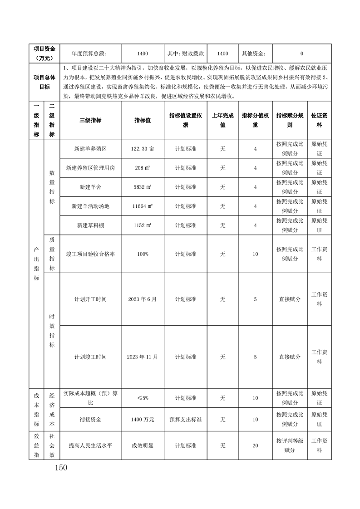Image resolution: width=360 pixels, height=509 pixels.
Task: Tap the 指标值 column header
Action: click(x=142, y=120)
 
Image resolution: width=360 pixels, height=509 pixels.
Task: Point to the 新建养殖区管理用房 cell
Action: click(x=90, y=168)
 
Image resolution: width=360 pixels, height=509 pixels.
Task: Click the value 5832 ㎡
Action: click(x=142, y=187)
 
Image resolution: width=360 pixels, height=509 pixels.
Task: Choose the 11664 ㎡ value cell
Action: click(x=142, y=206)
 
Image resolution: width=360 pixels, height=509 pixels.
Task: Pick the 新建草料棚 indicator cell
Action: click(x=90, y=225)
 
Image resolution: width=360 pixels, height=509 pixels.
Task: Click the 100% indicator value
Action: click(x=142, y=254)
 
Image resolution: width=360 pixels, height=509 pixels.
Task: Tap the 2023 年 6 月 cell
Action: click(x=142, y=299)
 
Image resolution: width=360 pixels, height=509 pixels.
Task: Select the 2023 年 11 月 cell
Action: click(x=142, y=357)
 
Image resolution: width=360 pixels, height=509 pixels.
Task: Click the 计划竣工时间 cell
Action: click(x=90, y=357)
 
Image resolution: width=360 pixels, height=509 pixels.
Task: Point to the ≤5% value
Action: click(x=142, y=398)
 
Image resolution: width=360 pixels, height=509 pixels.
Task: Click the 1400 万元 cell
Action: click(x=142, y=420)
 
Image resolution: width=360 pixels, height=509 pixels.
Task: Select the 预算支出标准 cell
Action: click(x=186, y=420)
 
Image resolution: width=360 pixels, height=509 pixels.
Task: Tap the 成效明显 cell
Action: click(x=142, y=445)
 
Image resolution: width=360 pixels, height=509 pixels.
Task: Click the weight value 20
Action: click(x=255, y=445)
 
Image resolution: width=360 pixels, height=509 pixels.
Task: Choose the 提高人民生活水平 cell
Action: click(x=90, y=445)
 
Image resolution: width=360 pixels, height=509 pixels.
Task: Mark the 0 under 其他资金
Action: click(x=302, y=54)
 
